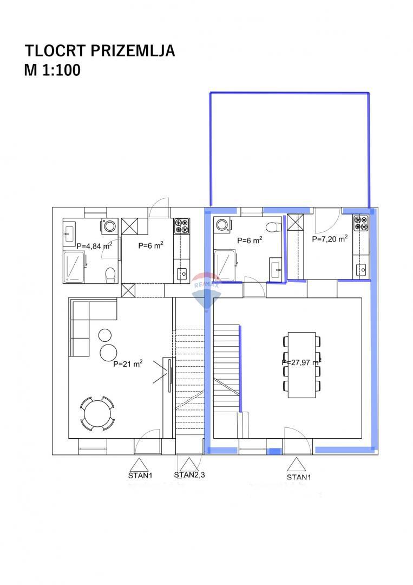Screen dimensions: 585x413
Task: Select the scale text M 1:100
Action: tap(52, 70)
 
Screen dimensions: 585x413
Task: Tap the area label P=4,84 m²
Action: tap(94, 245)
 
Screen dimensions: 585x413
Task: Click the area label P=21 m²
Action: tap(128, 364)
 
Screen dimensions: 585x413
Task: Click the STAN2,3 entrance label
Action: tap(189, 475)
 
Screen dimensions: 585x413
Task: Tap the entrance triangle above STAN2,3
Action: tap(189, 464)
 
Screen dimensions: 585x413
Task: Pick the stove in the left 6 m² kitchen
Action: tap(182, 226)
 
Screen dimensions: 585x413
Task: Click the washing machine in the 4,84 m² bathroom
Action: tap(110, 226)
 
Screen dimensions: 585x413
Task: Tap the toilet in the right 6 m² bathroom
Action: tap(273, 226)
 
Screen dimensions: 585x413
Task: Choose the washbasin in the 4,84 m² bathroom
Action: tap(69, 234)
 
